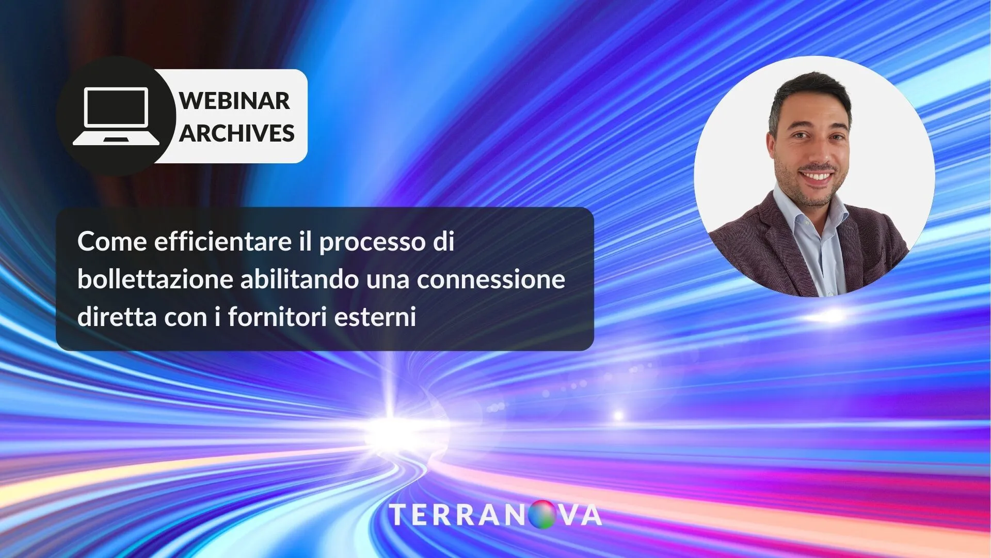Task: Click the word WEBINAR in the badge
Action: [x=234, y=100]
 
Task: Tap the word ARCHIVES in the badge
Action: [x=237, y=133]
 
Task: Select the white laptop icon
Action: [x=116, y=116]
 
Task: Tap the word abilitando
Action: [x=299, y=279]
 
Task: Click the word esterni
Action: [x=375, y=317]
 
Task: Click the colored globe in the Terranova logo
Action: [x=542, y=515]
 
